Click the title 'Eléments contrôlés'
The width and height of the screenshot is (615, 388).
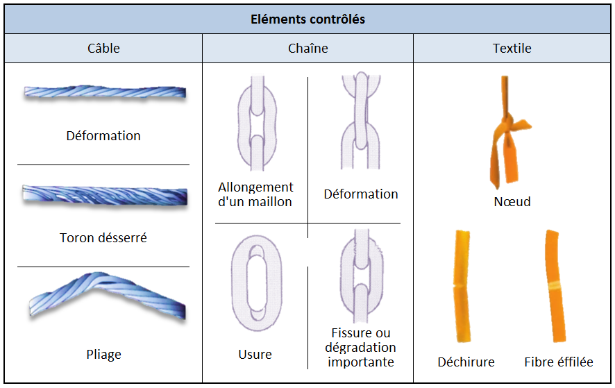308,19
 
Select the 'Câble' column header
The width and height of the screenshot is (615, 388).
103,49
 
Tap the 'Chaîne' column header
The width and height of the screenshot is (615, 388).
308,49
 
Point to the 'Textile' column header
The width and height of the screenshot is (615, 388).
512,49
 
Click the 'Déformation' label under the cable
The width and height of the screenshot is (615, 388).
103,136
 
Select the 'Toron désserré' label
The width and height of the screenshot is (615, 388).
103,238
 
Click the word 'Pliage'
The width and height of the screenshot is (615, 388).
103,354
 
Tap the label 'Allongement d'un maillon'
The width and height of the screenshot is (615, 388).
255,194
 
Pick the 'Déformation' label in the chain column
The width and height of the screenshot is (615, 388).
361,194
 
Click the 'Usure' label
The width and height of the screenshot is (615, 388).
255,354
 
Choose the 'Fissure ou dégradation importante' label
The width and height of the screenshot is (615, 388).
360,347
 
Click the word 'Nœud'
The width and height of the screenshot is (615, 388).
512,202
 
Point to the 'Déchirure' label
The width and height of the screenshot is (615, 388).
466,362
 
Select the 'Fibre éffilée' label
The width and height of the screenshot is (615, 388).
559,362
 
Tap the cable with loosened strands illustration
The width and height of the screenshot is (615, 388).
105,195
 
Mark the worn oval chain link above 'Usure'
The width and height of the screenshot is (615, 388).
257,283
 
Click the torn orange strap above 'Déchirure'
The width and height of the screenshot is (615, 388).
462,286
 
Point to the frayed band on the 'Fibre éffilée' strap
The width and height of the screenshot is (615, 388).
556,285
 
